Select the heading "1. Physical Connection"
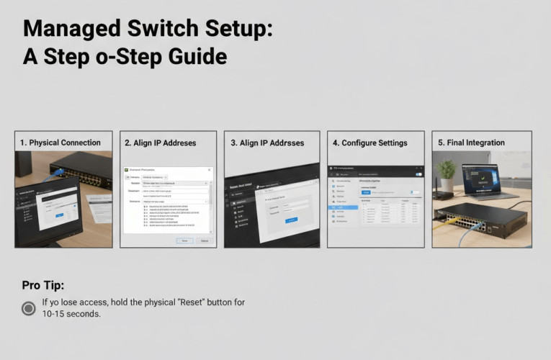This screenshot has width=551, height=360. [x=64, y=143]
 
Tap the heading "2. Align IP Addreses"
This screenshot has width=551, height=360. [x=160, y=143]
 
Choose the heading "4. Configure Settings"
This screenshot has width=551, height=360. [x=369, y=143]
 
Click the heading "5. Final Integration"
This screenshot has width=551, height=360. [x=471, y=143]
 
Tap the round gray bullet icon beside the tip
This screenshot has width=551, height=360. [x=28, y=308]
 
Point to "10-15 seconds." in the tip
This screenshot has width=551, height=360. [x=71, y=314]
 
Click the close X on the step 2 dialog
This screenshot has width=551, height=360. [x=210, y=169]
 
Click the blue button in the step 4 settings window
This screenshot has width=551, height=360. [x=365, y=192]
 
